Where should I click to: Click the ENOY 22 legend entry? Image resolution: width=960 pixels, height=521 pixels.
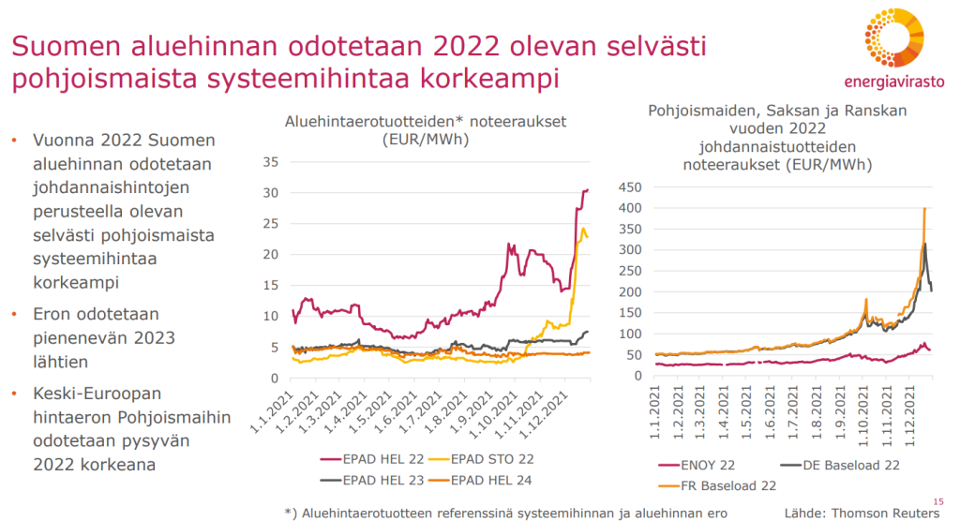[704, 465]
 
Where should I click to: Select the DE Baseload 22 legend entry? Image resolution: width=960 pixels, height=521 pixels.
[839, 465]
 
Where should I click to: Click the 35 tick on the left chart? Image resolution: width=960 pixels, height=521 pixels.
[271, 162]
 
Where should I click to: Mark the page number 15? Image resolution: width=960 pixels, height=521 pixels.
[939, 501]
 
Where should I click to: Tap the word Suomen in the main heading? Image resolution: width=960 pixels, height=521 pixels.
[64, 45]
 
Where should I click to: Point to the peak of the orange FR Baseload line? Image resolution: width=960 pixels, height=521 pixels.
[924, 209]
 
